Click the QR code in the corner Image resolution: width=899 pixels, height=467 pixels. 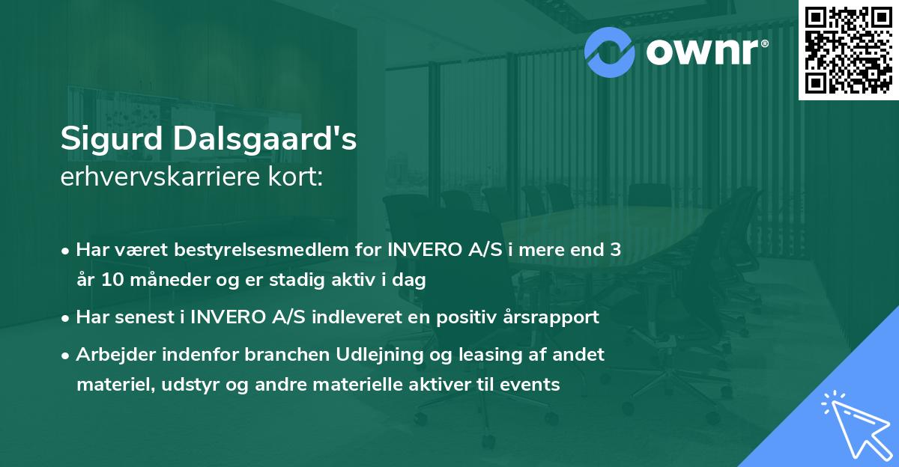(x=849, y=50)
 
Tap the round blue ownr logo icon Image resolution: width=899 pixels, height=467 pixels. (x=609, y=51)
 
